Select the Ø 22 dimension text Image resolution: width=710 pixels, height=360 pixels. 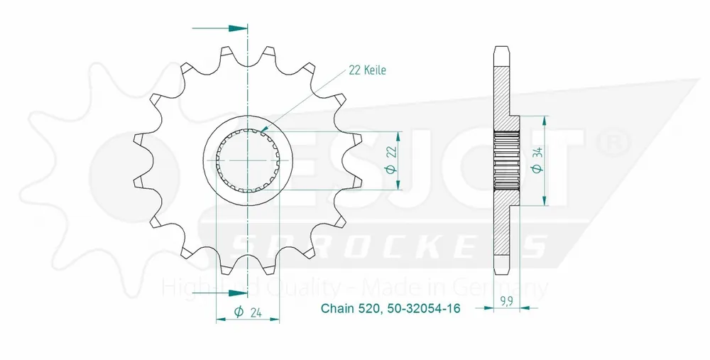click(x=389, y=161)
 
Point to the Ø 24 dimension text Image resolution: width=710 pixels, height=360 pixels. click(x=248, y=310)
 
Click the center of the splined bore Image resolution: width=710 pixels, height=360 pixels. click(x=247, y=161)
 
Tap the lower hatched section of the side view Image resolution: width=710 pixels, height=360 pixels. click(x=502, y=231)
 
